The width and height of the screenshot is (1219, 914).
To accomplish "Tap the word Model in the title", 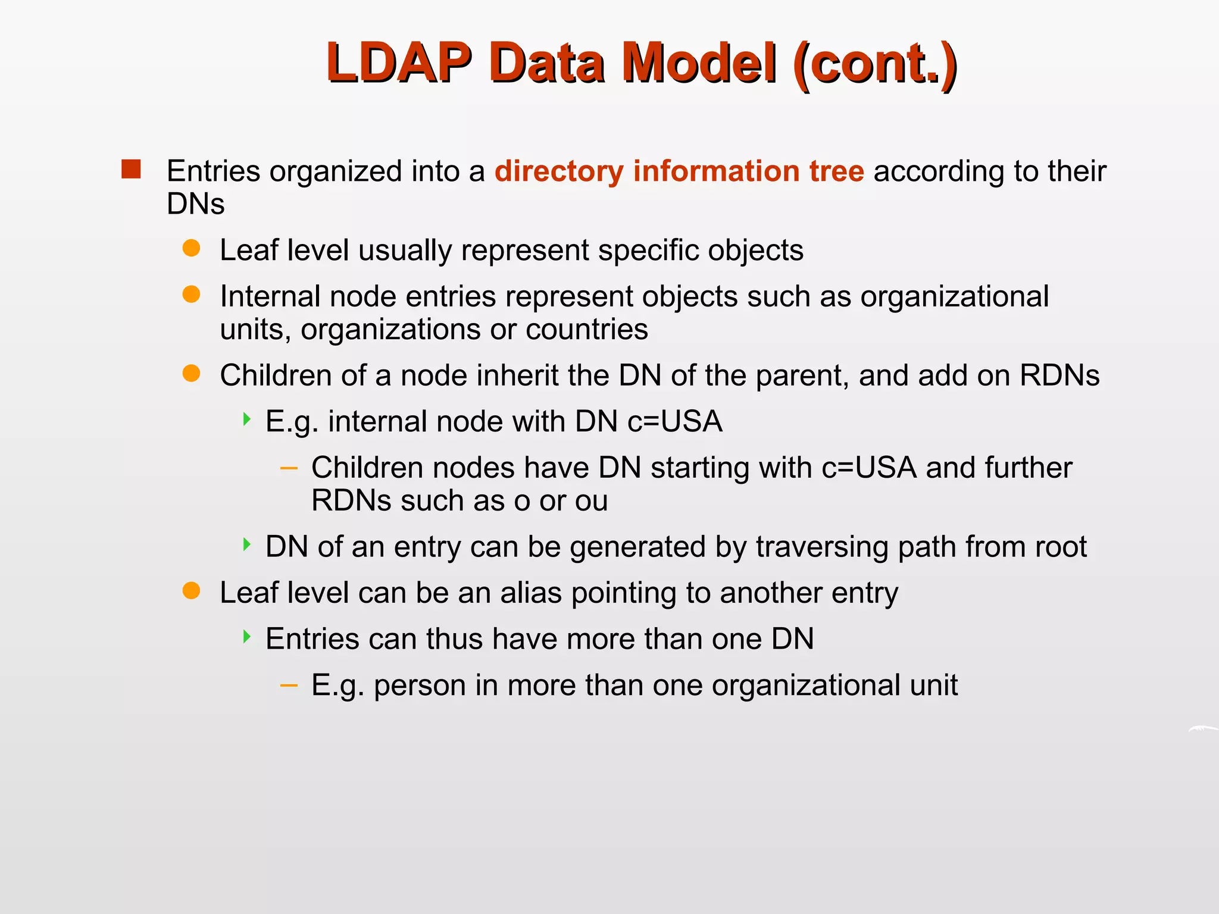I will tap(699, 63).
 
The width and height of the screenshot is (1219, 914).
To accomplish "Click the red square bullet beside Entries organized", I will tap(131, 170).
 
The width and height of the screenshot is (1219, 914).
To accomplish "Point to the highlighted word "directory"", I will tap(558, 171).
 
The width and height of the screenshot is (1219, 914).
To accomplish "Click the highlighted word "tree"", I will tap(836, 171).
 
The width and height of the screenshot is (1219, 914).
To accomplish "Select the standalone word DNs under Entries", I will tap(195, 204).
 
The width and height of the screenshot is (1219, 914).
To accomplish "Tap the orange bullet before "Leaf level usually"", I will tap(191, 248).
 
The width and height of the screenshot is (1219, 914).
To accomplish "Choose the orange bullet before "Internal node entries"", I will tap(191, 295).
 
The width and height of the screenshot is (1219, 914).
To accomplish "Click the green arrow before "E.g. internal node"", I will tap(246, 420).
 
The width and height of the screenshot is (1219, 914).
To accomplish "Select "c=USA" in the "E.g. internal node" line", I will tap(674, 422).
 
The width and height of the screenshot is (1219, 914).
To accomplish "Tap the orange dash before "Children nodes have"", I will tap(289, 468).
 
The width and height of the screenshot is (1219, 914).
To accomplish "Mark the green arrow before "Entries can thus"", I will tap(246, 637).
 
